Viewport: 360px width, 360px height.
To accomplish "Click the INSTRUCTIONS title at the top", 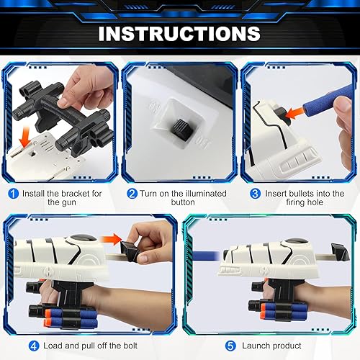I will coord(179,33).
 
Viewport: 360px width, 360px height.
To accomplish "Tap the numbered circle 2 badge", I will coord(132,194).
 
